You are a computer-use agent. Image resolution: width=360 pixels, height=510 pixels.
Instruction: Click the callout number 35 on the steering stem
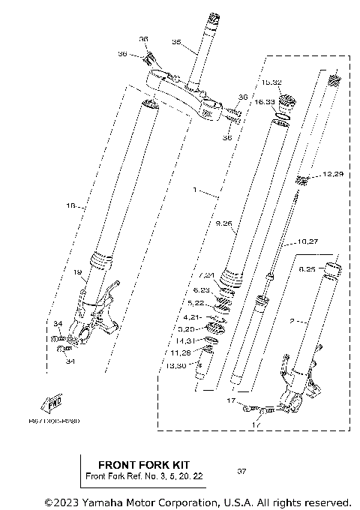176,42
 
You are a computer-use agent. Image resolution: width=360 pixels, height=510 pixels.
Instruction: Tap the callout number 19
77,273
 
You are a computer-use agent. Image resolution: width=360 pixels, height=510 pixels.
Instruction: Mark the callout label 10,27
309,241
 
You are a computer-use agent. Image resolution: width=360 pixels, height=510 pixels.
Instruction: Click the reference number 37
241,472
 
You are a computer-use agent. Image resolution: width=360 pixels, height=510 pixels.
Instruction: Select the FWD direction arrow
53,404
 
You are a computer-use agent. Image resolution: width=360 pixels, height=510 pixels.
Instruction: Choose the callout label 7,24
206,275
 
